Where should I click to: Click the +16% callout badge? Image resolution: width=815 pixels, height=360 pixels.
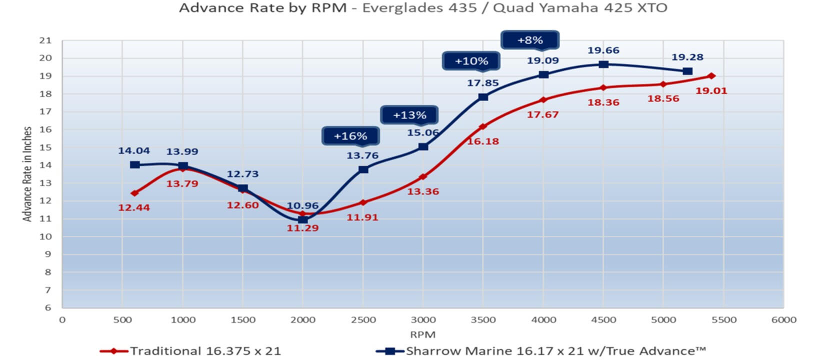click(350, 136)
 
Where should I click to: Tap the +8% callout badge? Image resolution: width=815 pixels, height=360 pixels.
click(530, 40)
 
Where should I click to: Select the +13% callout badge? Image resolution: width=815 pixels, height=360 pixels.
click(409, 115)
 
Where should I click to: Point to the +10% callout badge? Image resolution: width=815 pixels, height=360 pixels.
click(471, 61)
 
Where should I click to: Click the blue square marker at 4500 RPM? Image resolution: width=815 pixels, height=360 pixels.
click(603, 64)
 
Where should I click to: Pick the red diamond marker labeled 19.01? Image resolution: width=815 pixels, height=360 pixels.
click(711, 76)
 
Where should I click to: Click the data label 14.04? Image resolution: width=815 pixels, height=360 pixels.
click(134, 150)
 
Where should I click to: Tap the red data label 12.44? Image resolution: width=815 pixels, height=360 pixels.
click(134, 207)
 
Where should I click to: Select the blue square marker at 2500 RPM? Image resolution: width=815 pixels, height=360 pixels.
click(363, 169)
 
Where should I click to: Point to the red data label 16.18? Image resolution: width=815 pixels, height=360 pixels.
click(483, 141)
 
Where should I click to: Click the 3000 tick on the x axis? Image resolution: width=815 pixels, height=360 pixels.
click(423, 320)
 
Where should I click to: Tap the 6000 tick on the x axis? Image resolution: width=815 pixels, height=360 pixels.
click(783, 320)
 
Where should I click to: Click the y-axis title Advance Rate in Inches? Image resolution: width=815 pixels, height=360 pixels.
click(27, 174)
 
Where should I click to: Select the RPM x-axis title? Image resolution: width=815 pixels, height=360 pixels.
click(423, 334)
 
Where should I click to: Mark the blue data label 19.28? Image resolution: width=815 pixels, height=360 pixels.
click(687, 57)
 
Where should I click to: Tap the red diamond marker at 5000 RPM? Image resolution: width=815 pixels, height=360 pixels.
click(663, 84)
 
